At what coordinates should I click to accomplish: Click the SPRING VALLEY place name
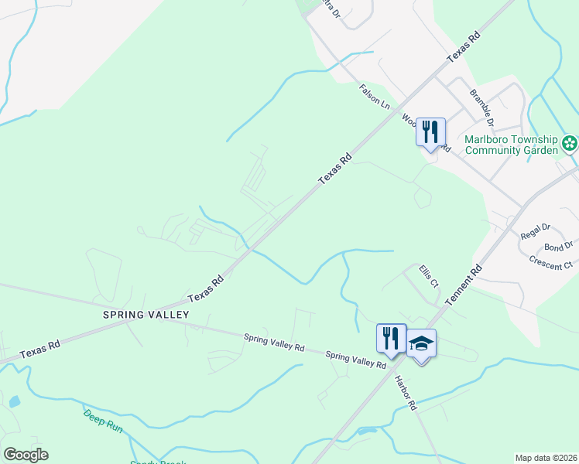146,315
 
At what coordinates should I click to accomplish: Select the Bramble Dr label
481,107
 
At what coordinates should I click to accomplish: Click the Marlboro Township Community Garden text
511,145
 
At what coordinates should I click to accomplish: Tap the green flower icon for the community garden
570,143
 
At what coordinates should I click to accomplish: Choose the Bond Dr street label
558,247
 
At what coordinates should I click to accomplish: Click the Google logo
26,455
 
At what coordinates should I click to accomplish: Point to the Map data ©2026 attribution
546,458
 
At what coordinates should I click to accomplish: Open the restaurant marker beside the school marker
391,338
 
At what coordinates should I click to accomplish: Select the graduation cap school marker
422,343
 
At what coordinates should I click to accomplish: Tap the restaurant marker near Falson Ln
430,131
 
